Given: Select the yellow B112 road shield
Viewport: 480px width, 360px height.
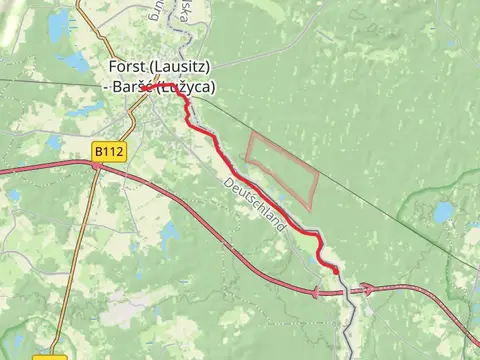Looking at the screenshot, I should (x=109, y=151).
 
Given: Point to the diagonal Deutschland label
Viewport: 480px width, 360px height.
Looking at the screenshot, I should (x=254, y=204).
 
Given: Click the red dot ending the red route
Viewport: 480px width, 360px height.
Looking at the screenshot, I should (x=335, y=270).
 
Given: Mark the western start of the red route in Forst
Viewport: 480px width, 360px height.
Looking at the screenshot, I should (x=143, y=88).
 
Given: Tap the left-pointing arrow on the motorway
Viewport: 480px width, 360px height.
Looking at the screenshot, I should (x=319, y=292).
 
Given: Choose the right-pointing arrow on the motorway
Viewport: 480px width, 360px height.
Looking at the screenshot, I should (x=367, y=289).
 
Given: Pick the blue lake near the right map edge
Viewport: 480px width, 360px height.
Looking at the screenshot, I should (x=444, y=212).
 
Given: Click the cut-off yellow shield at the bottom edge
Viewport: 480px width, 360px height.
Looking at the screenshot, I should (x=50, y=357).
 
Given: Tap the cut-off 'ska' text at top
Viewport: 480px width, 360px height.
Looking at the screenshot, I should (x=182, y=10).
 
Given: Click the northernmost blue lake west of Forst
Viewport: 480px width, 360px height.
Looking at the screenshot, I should (x=60, y=22).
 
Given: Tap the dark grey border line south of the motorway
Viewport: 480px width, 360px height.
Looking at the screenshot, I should (x=350, y=320).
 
